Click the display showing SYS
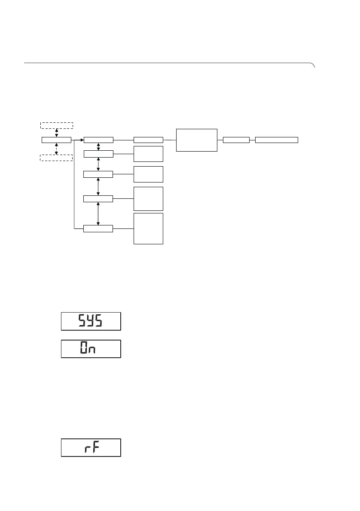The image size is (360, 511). [x=91, y=321]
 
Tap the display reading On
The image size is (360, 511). [x=91, y=349]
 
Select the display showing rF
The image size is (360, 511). [x=91, y=447]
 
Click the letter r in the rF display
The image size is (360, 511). [x=86, y=449]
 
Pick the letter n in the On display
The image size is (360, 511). [x=91, y=350]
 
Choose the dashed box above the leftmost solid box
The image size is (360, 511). [x=57, y=125]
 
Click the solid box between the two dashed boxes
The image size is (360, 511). [x=56, y=140]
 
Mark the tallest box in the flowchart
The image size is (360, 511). [x=148, y=228]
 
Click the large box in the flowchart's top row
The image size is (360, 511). [x=196, y=140]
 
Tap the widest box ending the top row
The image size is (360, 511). [x=276, y=140]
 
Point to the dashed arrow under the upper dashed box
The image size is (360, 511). [x=57, y=132]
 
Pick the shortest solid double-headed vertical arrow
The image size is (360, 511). [x=99, y=147]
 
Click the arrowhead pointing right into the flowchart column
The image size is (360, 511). [x=81, y=140]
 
